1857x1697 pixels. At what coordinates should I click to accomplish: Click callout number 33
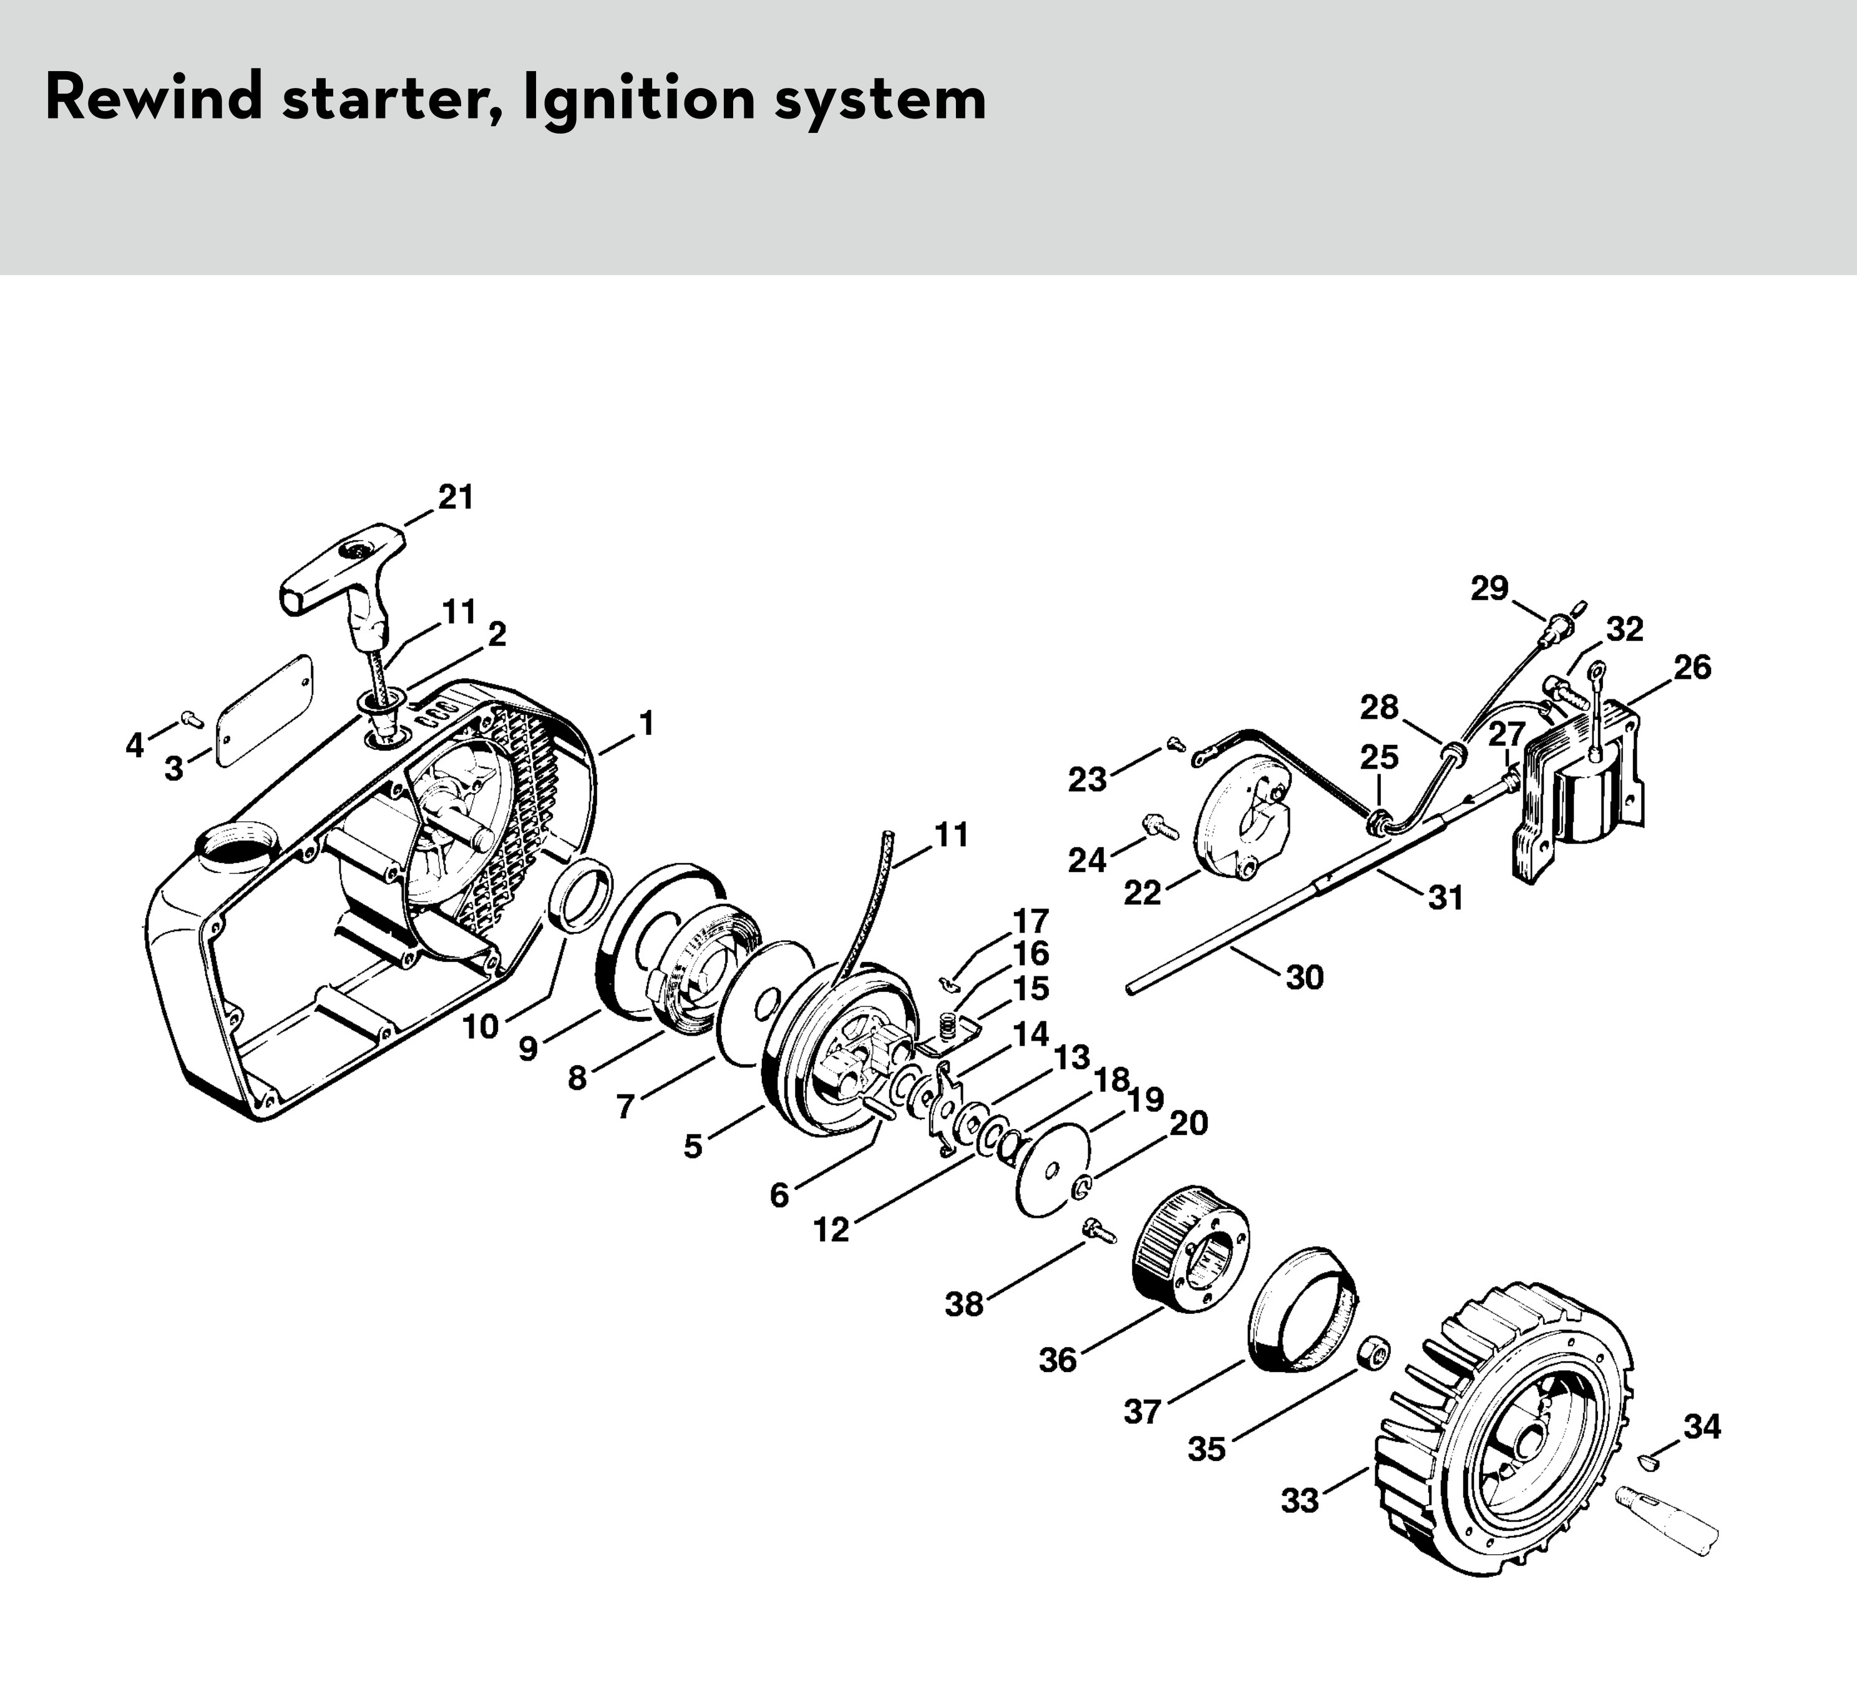[x=1300, y=1501]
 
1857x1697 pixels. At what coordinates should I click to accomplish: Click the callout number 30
[x=1304, y=977]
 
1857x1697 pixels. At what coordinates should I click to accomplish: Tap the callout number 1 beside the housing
[x=646, y=724]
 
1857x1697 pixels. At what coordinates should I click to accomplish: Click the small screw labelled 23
[x=1176, y=744]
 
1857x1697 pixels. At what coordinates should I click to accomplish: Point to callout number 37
[x=1142, y=1411]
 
